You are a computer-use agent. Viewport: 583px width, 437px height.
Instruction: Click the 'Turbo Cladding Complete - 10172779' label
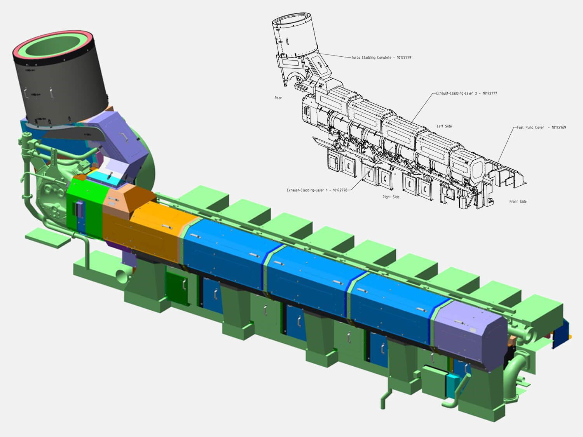pos(381,57)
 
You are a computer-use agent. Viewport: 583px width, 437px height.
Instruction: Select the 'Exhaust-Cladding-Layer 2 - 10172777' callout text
pos(466,93)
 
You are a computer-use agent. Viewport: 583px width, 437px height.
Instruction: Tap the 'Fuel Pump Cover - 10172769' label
pos(541,127)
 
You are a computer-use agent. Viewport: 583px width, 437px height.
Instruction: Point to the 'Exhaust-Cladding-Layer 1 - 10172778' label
pos(317,190)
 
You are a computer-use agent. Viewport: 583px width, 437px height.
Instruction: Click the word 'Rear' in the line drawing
pos(278,98)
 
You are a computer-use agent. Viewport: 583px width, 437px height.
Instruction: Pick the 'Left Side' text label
pos(444,126)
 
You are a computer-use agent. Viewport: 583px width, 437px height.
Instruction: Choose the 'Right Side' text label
pos(391,197)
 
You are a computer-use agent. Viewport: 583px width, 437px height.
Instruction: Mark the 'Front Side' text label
pos(518,202)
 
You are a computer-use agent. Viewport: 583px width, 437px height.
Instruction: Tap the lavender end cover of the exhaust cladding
pos(470,334)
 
